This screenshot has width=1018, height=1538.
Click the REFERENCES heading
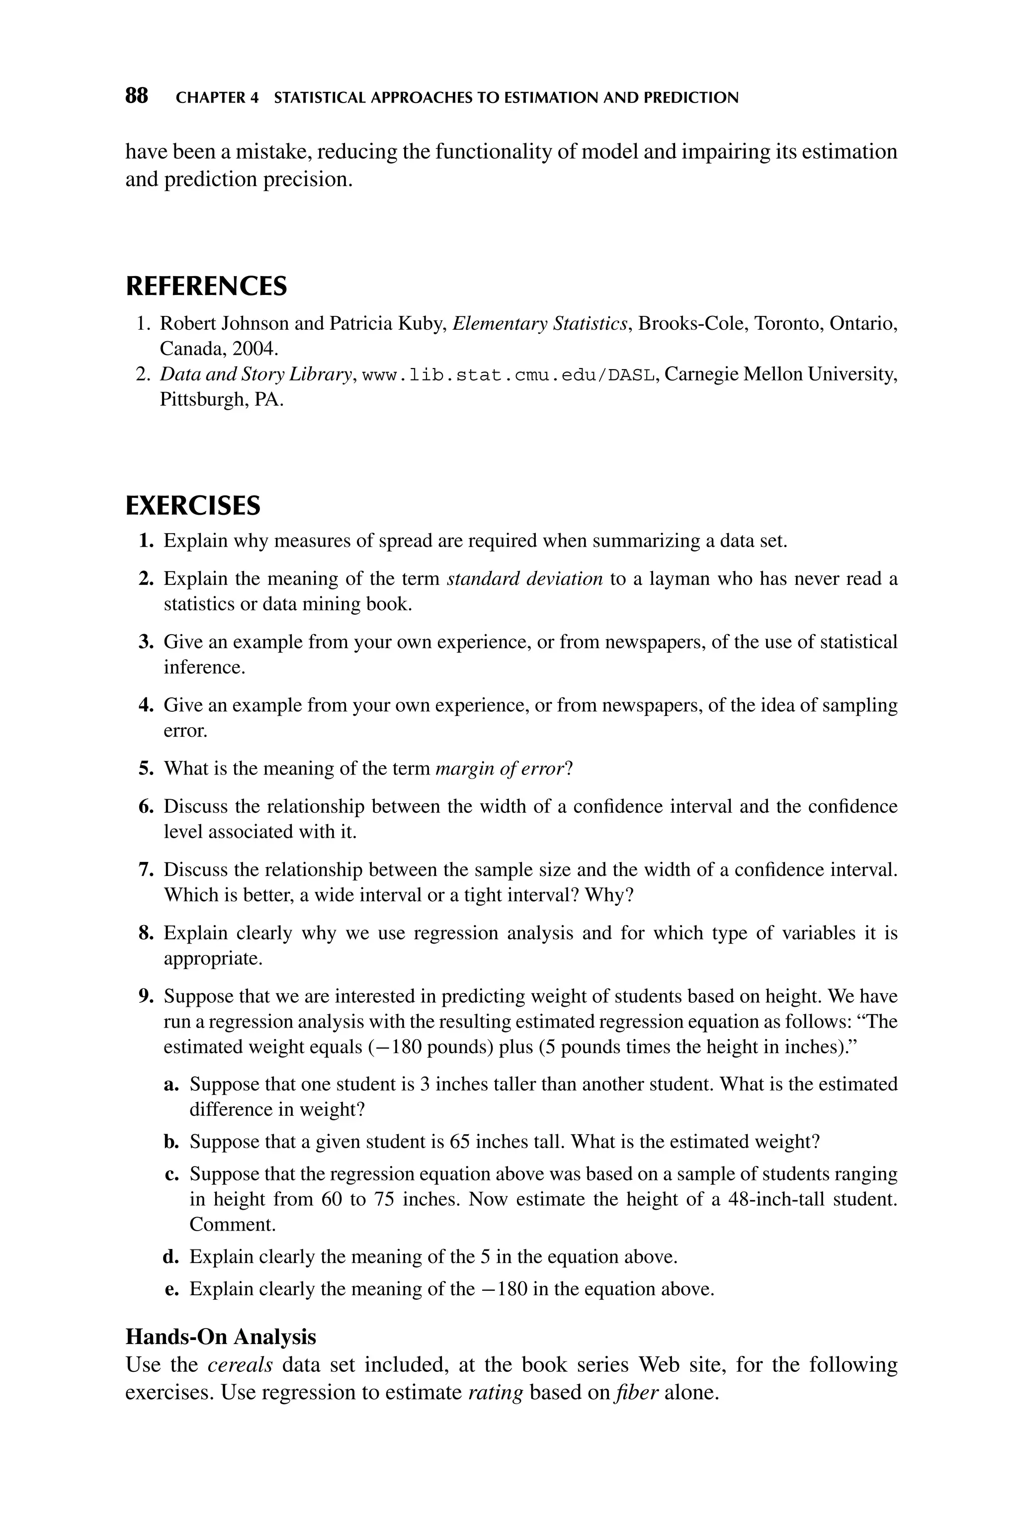(206, 287)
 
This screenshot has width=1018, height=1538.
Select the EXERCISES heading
(193, 506)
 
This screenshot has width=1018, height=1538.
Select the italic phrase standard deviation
(524, 578)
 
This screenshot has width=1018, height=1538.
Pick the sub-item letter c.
(171, 1174)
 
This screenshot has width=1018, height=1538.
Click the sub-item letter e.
(171, 1289)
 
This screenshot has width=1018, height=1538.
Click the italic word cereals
(240, 1364)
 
